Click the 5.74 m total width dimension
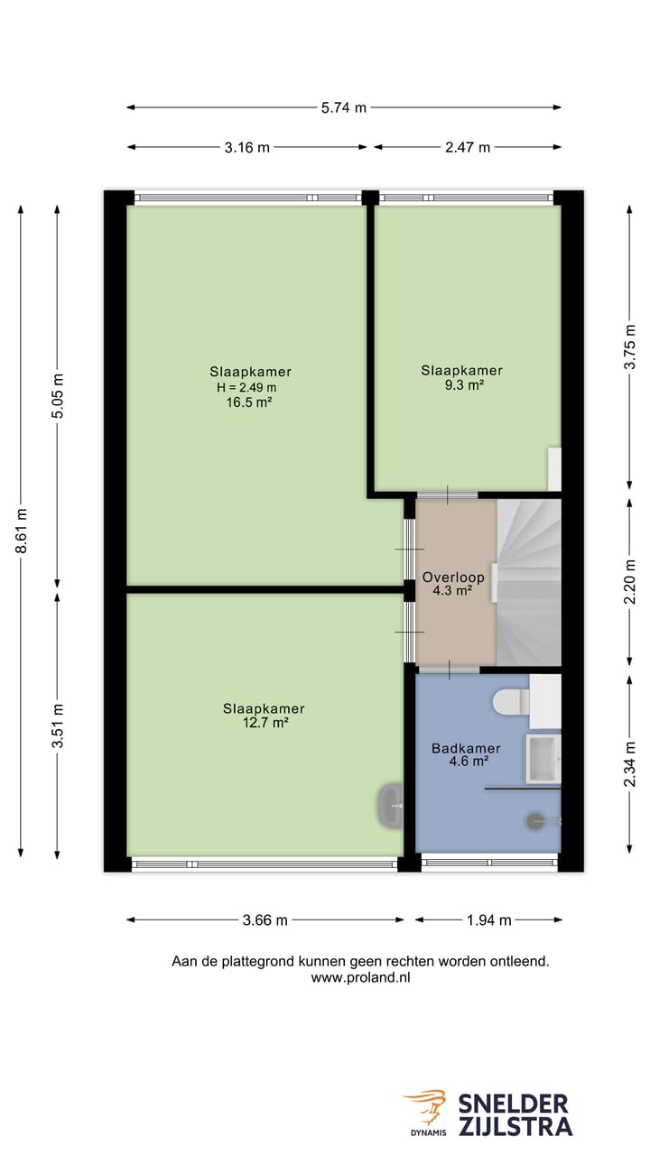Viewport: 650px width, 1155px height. point(344,107)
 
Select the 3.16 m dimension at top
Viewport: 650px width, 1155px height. point(247,147)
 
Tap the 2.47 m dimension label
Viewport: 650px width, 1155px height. point(468,147)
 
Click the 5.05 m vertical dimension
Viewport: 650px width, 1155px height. point(58,395)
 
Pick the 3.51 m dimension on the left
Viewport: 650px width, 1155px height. point(58,725)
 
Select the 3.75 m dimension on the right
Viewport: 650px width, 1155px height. point(630,346)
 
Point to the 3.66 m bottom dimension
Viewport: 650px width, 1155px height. point(265,920)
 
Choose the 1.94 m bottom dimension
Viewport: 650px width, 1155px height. point(488,920)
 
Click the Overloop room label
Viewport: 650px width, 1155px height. point(453,577)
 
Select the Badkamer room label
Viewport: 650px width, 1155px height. point(466,748)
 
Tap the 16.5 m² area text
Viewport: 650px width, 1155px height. point(250,402)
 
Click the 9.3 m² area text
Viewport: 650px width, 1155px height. point(462,384)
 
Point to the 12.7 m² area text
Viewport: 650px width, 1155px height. point(264,723)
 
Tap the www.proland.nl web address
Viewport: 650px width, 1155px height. point(360,977)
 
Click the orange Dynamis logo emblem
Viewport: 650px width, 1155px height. point(425,1107)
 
